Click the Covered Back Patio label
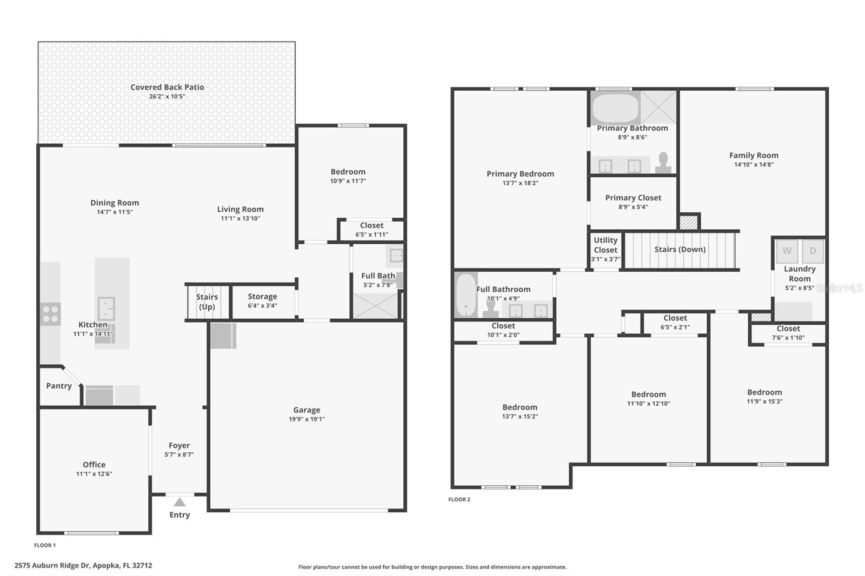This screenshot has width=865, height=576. pos(167,87)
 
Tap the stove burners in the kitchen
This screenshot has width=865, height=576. pos(50,314)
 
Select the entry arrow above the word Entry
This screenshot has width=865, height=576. pos(179,503)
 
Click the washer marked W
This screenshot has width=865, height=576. pos(787,251)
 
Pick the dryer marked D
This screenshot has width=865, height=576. pos(812,251)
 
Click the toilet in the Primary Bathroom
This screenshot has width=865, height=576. pos(663,162)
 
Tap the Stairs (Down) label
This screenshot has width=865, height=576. pos(680,249)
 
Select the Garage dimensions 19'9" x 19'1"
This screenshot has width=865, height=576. pos(307,419)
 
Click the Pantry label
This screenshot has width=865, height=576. pos(59,386)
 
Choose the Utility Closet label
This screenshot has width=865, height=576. pos(605,245)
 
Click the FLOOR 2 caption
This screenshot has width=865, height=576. pos(459,499)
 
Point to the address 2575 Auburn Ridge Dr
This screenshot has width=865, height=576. pos(83,566)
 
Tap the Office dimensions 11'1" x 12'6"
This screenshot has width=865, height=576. pos(94,474)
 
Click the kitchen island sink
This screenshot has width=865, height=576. pos(107,308)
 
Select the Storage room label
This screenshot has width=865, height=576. pos(262,297)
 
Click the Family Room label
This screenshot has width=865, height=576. pos(754,156)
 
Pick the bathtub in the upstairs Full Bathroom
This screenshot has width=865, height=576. pos(465,294)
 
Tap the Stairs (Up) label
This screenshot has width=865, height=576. pos(207,302)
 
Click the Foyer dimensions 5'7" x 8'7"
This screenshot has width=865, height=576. pos(179,455)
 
